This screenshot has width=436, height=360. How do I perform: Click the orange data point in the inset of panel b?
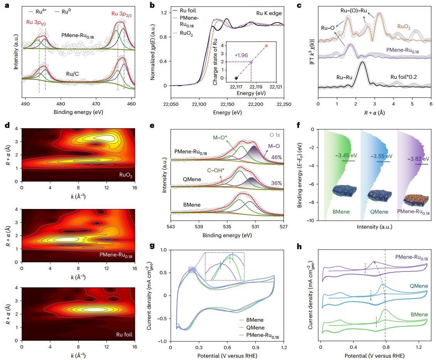pyautogui.click(x=266, y=46)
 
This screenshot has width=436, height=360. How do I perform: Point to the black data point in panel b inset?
pyautogui.click(x=236, y=78)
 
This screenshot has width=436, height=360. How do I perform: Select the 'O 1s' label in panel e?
pyautogui.click(x=274, y=134)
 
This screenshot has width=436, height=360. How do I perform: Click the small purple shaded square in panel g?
pyautogui.click(x=192, y=270)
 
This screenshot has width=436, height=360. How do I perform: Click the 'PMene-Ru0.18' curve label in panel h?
pyautogui.click(x=410, y=258)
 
